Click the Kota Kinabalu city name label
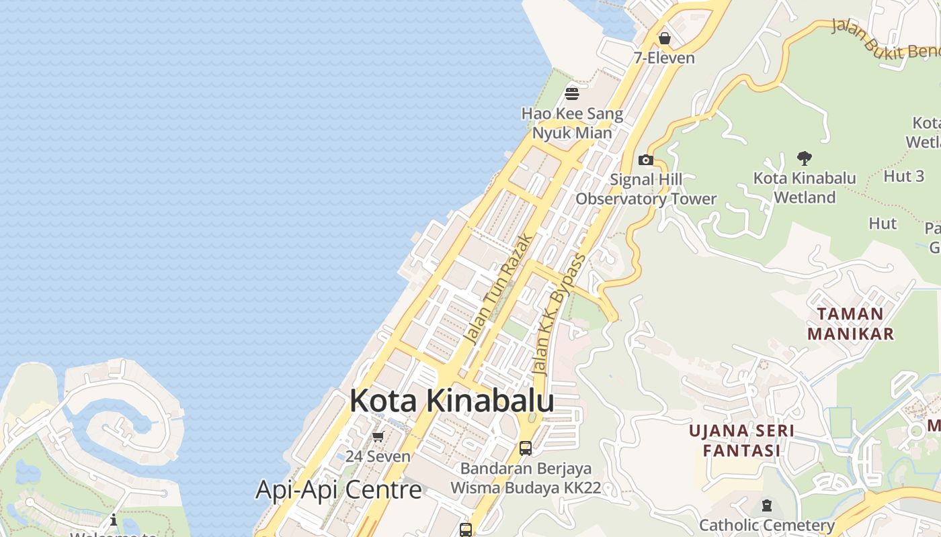click(452, 401)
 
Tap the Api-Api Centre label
click(339, 489)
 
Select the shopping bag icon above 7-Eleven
click(665, 38)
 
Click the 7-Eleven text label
click(664, 58)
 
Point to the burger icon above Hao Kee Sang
click(572, 93)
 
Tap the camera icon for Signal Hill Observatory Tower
click(646, 160)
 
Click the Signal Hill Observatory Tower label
click(646, 189)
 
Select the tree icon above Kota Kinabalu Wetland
click(804, 158)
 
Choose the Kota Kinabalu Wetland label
click(805, 187)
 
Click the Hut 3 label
click(904, 177)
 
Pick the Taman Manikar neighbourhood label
click(850, 324)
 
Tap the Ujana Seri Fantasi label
click(742, 440)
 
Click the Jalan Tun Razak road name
click(501, 289)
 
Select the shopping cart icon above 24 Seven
click(378, 437)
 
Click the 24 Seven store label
click(378, 456)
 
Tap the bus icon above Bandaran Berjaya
click(526, 448)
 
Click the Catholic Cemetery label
click(767, 525)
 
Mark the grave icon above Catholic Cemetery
click(767, 505)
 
